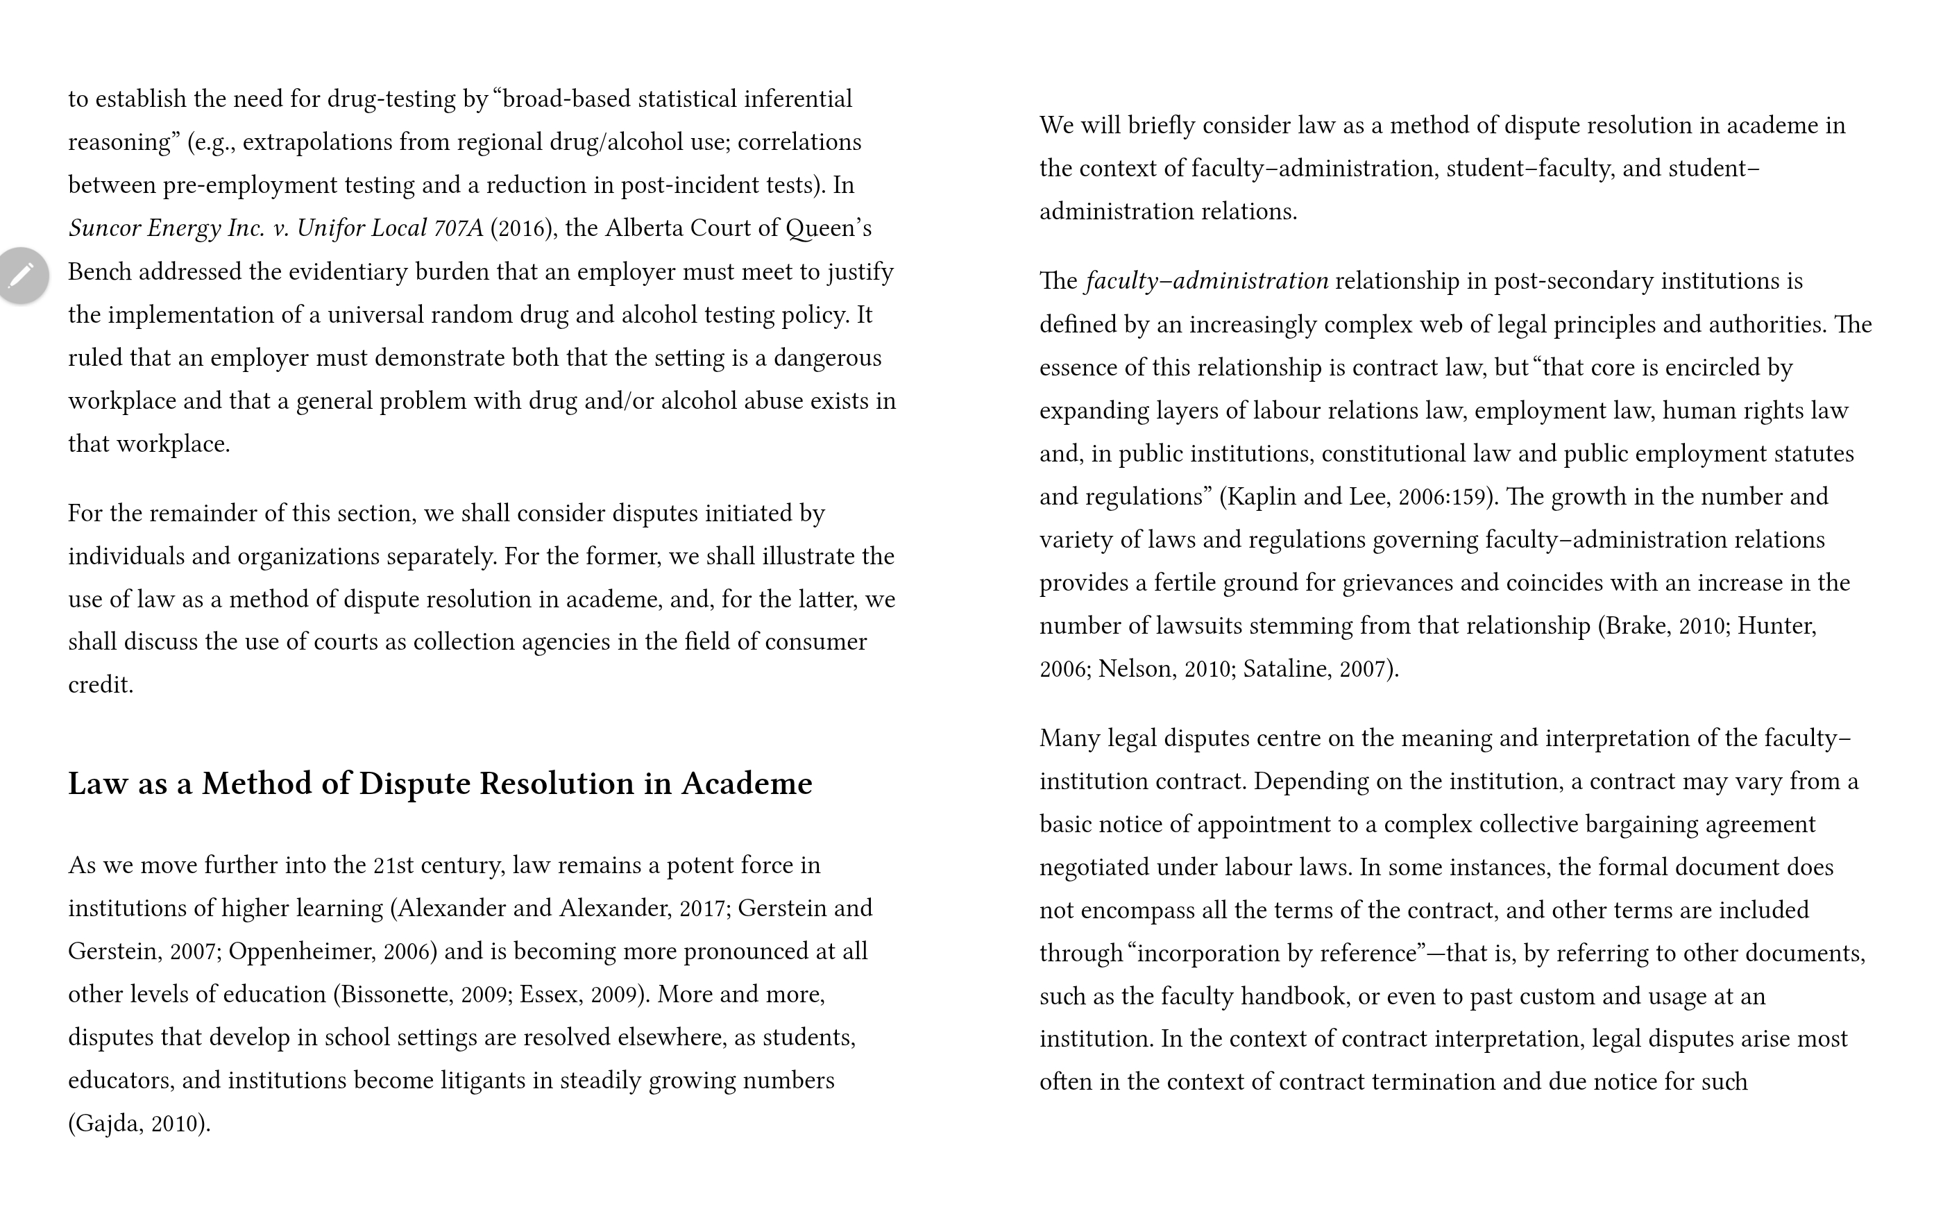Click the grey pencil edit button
[x=22, y=275]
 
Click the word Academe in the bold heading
[x=746, y=784]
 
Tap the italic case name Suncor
[x=105, y=228]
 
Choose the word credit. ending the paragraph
[x=101, y=685]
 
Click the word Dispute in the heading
[x=414, y=784]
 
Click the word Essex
[x=549, y=995]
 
